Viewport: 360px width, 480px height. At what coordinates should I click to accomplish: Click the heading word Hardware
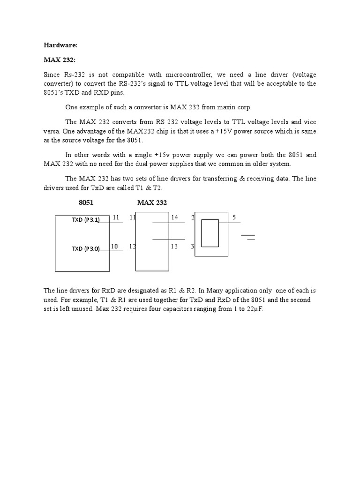60,45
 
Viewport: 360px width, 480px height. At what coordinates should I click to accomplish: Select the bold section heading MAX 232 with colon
60,60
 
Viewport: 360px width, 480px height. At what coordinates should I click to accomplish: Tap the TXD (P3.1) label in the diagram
85,220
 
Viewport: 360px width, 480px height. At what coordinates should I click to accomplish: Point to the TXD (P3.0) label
85,249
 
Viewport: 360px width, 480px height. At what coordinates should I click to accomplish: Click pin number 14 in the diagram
174,217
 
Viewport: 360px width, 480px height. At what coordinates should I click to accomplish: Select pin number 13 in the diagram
174,246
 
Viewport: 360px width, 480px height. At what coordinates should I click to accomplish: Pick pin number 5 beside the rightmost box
234,217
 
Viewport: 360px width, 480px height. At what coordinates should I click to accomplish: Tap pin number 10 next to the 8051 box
114,246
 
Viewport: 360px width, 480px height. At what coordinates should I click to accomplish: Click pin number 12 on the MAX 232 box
132,246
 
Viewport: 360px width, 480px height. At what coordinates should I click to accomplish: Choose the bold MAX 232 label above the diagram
152,202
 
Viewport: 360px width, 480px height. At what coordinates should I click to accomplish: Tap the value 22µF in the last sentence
255,308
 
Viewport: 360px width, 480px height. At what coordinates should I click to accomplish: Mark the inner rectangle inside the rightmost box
210,233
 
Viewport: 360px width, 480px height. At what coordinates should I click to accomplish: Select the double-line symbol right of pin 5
249,237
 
